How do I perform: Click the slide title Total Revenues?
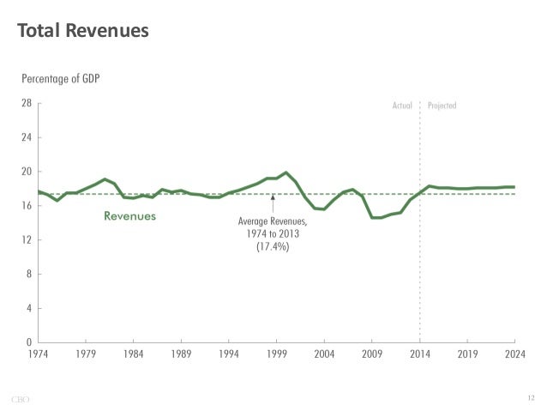click(83, 31)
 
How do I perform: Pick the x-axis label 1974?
click(38, 352)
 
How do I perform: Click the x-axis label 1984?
click(133, 352)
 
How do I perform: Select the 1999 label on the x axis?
click(276, 352)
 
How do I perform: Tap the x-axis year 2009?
click(371, 352)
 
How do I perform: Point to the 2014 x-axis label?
click(419, 352)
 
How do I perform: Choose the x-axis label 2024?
click(514, 352)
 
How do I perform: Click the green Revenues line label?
click(129, 217)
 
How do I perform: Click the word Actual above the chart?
click(402, 106)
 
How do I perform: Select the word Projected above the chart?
click(442, 106)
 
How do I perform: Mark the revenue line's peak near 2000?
click(286, 172)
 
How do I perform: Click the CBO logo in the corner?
click(21, 397)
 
